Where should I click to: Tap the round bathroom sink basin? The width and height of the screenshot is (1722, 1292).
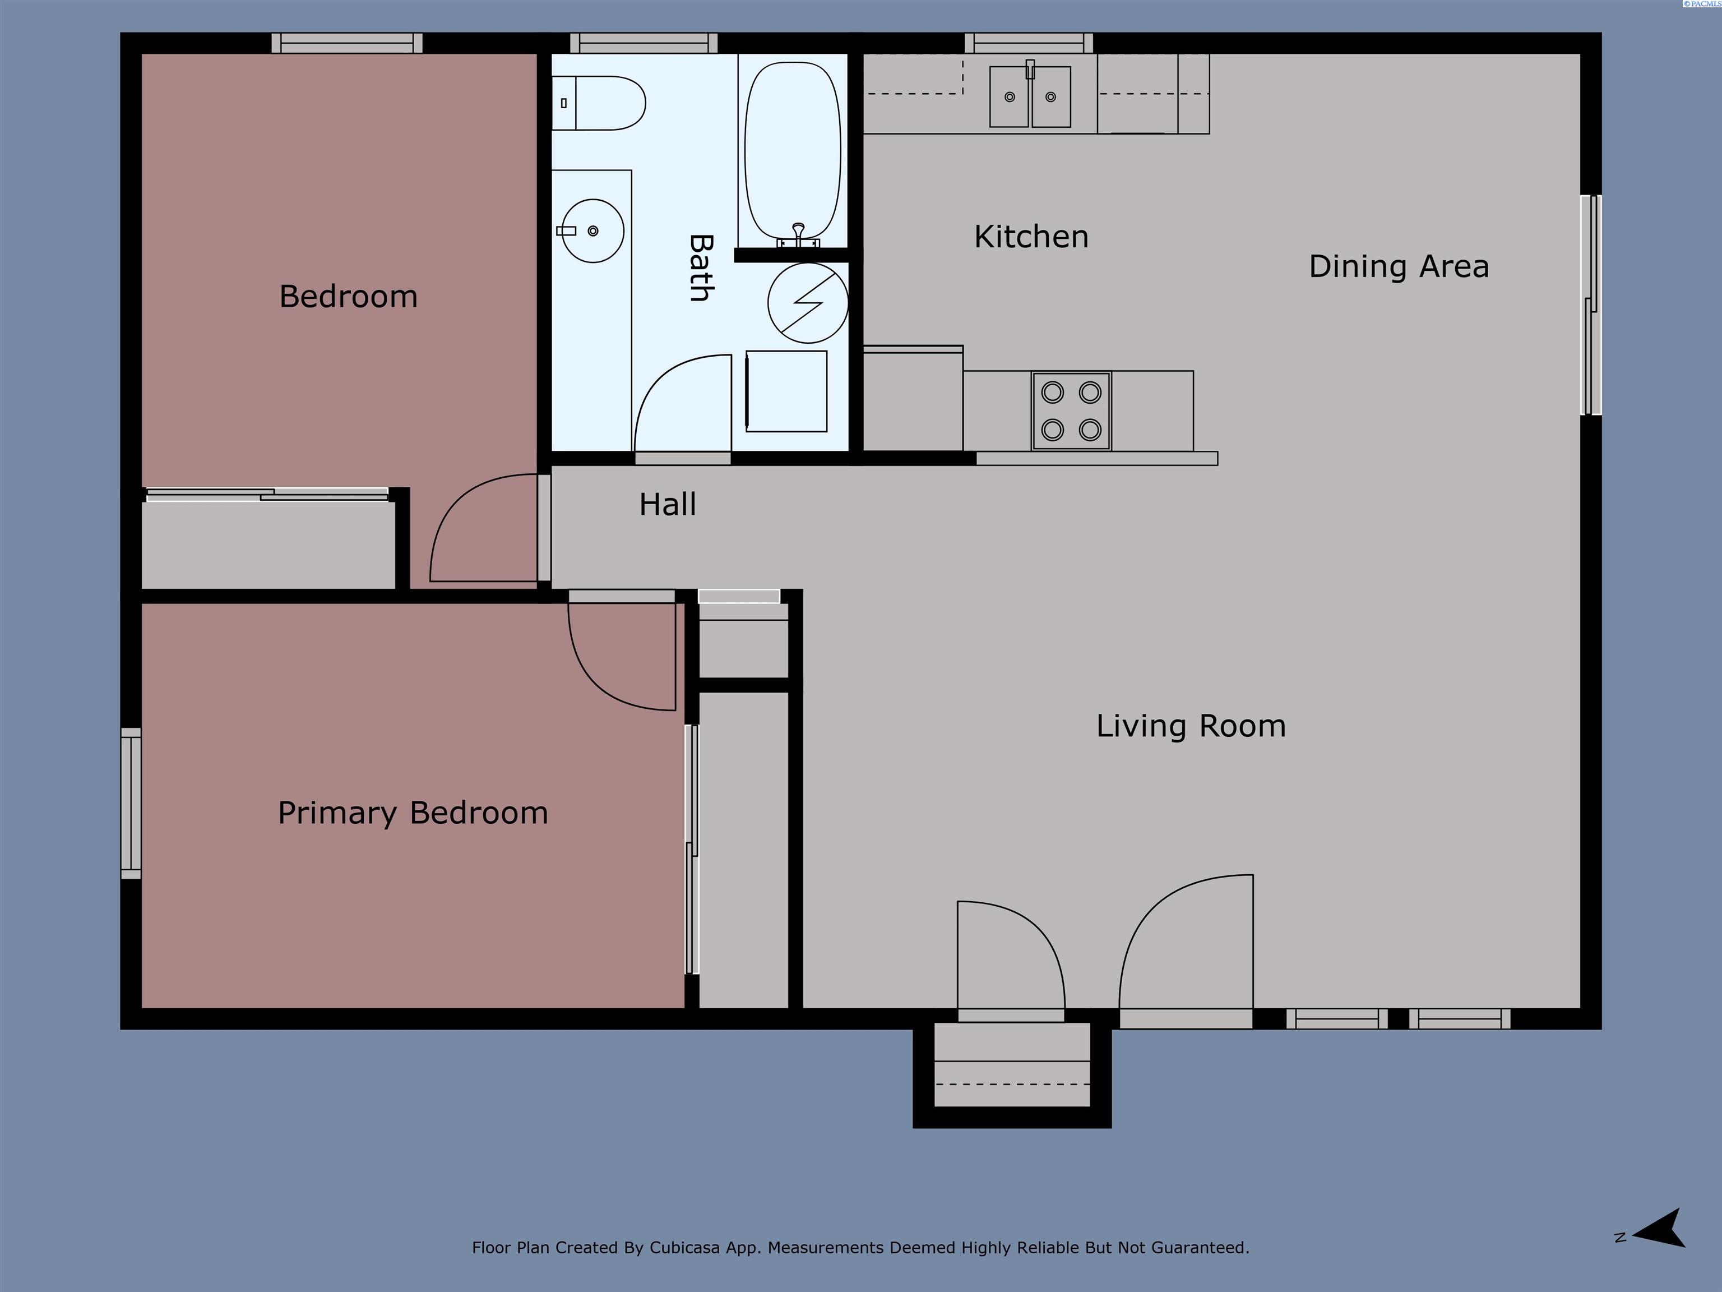592,230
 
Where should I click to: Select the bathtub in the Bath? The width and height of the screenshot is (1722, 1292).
793,150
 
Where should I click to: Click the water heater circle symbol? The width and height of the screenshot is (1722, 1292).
807,303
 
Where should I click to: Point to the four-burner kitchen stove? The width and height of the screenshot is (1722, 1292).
1071,410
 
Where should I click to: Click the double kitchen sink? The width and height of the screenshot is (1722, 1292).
1030,96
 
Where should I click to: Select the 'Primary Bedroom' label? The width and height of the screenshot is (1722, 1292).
413,813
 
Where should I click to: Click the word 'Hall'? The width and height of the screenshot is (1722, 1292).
667,505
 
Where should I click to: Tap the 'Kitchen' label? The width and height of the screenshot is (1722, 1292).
1031,237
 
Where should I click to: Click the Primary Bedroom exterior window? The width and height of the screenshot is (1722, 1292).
131,803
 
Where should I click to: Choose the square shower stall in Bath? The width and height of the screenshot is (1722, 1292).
786,391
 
